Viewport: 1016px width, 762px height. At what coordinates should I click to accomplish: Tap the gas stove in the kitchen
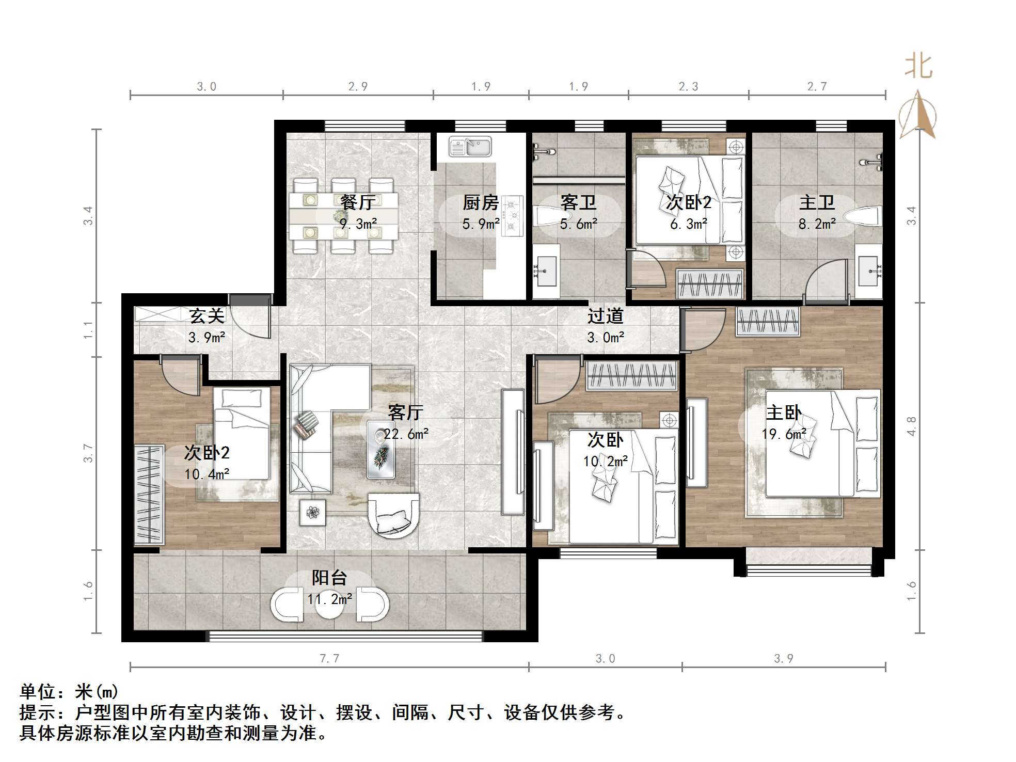click(x=512, y=216)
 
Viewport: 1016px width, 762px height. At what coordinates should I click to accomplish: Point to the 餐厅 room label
click(x=357, y=202)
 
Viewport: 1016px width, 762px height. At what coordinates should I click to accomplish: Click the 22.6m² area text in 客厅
click(x=406, y=434)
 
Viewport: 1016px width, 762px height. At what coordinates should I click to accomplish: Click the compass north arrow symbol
click(x=917, y=114)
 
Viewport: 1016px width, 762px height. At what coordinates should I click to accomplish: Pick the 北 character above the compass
click(x=919, y=67)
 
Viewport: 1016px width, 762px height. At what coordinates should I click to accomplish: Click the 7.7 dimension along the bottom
click(x=329, y=658)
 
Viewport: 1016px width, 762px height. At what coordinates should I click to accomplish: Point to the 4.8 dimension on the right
click(x=912, y=426)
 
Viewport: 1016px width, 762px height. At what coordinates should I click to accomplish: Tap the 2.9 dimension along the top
click(x=358, y=86)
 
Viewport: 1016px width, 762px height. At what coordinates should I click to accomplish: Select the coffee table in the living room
click(x=382, y=449)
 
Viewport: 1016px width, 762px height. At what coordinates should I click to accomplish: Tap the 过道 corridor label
click(x=606, y=315)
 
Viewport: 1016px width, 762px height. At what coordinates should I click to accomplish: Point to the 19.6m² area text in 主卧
click(x=784, y=434)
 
